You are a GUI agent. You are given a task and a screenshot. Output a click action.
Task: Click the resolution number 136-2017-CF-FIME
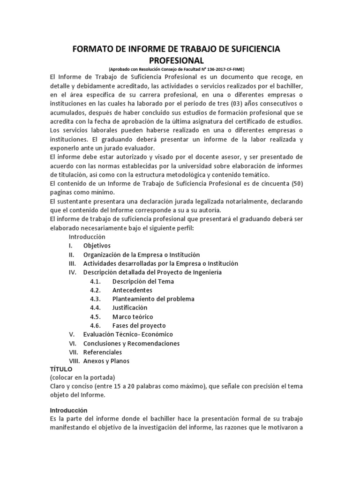click(x=220, y=69)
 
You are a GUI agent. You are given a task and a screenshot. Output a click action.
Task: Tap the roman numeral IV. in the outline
click(x=73, y=272)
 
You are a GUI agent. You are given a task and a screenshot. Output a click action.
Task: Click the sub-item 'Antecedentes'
click(x=132, y=290)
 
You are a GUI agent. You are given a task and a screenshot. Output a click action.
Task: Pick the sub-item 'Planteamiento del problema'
click(x=153, y=299)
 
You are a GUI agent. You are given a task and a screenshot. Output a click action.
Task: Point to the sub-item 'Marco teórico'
click(x=132, y=316)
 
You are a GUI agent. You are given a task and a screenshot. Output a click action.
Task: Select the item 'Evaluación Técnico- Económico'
click(x=128, y=334)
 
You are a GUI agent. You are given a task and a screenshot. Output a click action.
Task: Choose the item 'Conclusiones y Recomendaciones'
click(x=131, y=343)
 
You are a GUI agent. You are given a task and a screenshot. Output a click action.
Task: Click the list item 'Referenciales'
click(x=102, y=352)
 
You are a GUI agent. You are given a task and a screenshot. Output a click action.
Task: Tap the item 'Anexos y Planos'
click(x=106, y=361)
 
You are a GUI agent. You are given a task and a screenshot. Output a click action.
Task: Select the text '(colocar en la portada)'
click(x=82, y=378)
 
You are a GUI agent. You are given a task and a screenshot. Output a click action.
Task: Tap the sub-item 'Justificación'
click(x=130, y=308)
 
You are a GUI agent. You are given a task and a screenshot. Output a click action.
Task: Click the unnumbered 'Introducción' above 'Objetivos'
click(x=87, y=237)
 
